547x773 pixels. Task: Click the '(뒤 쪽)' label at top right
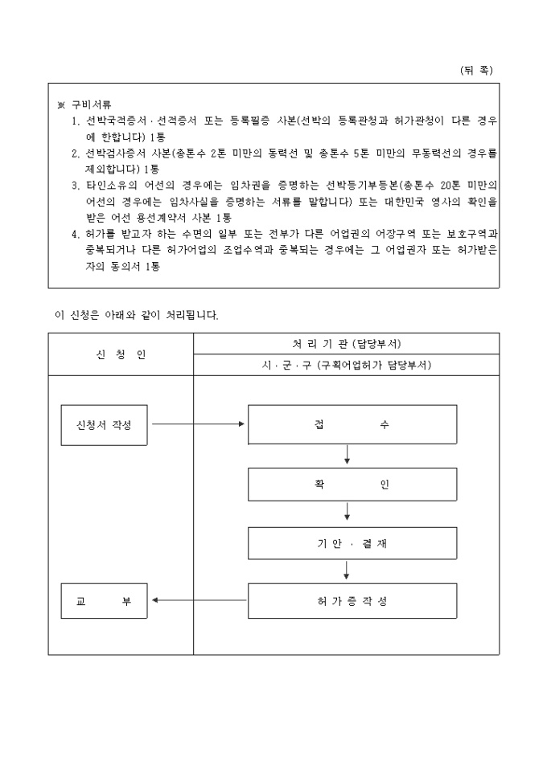(x=475, y=70)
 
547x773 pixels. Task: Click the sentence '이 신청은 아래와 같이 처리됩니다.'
(x=137, y=315)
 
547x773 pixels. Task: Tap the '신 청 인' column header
(x=121, y=354)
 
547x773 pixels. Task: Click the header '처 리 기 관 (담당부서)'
(x=346, y=344)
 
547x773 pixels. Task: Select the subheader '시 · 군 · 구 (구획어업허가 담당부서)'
(x=346, y=365)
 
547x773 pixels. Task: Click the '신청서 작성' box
(x=104, y=424)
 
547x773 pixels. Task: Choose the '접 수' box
(x=352, y=424)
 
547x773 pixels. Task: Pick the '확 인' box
(x=352, y=485)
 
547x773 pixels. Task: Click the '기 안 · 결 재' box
(x=352, y=543)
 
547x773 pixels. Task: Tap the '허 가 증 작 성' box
(x=352, y=600)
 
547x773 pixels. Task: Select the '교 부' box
(x=104, y=600)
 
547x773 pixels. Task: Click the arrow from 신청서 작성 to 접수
(x=198, y=424)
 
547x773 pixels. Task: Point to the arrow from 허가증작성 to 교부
(x=198, y=600)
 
